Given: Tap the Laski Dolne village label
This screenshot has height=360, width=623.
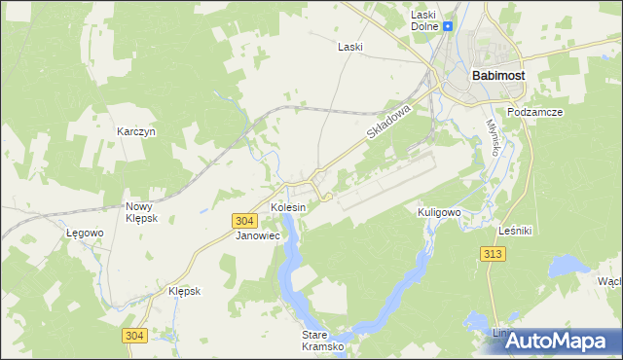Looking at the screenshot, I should [423, 20].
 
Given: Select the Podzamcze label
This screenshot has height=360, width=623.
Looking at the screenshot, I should [536, 112].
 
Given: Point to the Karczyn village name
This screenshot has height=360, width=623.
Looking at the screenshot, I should [136, 131].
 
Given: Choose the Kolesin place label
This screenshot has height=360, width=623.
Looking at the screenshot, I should [288, 207].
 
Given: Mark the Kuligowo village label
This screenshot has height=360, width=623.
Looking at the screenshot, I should [438, 212].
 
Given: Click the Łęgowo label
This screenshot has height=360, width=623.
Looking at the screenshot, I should [85, 234].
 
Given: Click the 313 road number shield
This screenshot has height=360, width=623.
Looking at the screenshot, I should [493, 254].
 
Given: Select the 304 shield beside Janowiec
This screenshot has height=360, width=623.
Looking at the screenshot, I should [246, 222].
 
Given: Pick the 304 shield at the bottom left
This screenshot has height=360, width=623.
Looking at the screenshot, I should [135, 336].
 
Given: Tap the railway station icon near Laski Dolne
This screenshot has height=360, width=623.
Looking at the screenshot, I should [449, 28].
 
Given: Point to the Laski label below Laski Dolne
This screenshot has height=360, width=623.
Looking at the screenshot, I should [349, 47].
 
